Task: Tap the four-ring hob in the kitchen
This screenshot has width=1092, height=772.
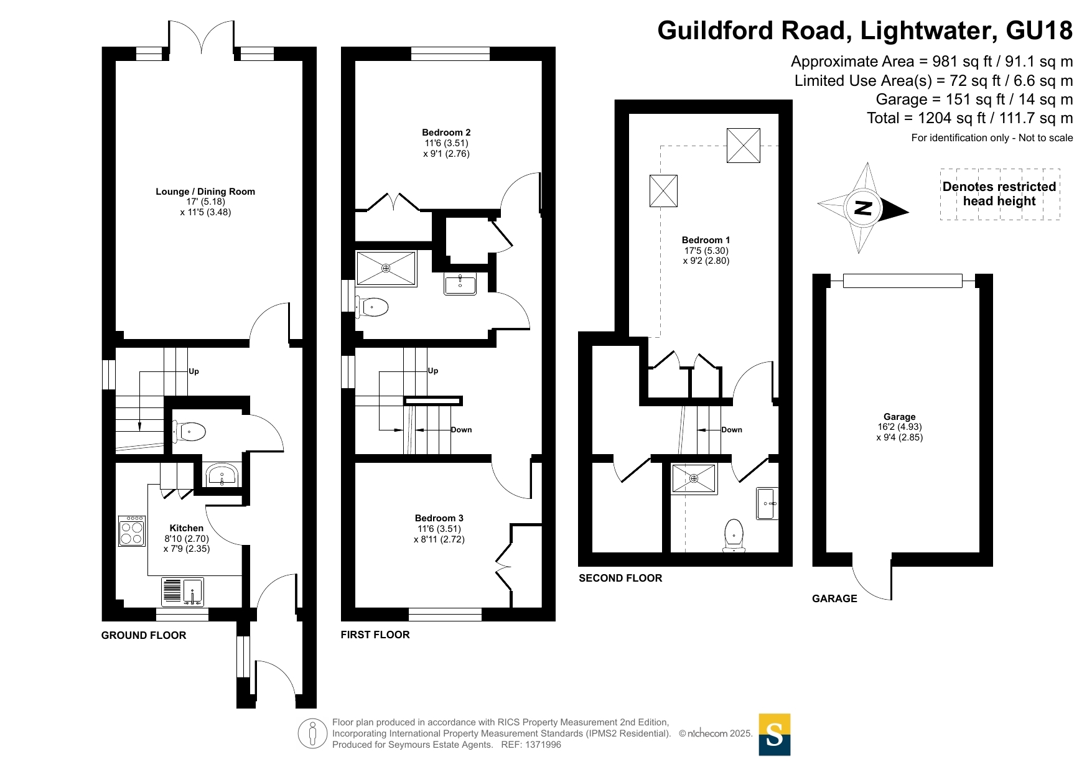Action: tap(132, 531)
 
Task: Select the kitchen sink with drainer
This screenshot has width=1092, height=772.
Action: tap(182, 592)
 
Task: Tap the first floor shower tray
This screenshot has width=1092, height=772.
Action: tap(386, 268)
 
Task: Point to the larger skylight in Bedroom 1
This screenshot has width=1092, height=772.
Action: tap(744, 146)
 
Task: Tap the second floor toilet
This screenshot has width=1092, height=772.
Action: tap(734, 536)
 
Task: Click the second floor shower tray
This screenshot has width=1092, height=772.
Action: tap(694, 479)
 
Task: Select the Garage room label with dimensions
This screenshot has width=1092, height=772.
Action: tap(900, 427)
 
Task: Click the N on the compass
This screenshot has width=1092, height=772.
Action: tap(863, 208)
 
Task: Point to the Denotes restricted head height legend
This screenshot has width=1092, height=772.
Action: tap(999, 194)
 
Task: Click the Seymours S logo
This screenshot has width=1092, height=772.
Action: tap(775, 735)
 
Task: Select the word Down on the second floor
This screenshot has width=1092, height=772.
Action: tap(732, 430)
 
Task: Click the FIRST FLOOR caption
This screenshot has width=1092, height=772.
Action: tap(375, 635)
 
